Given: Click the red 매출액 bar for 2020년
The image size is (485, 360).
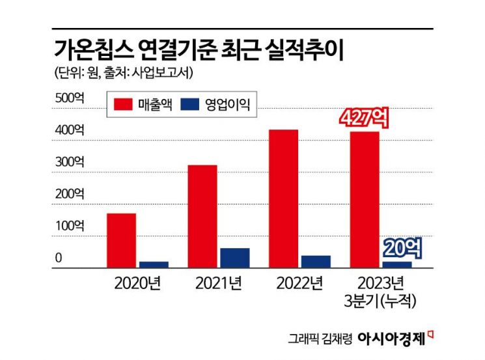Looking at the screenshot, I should pyautogui.click(x=121, y=240).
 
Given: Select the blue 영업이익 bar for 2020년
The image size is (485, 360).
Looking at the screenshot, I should pyautogui.click(x=154, y=264).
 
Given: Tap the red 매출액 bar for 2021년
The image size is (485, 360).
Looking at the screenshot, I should pyautogui.click(x=202, y=216).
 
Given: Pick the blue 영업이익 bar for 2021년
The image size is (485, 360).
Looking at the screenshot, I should pyautogui.click(x=234, y=258).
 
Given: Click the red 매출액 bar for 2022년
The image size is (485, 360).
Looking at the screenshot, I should pyautogui.click(x=283, y=199).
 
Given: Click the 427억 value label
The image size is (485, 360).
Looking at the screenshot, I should pyautogui.click(x=365, y=119).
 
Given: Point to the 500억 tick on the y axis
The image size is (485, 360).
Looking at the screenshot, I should pyautogui.click(x=70, y=98).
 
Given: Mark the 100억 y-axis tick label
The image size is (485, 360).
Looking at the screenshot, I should pyautogui.click(x=70, y=226).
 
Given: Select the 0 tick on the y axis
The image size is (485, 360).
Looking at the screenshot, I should pyautogui.click(x=58, y=258).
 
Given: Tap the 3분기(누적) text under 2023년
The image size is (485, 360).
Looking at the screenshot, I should pyautogui.click(x=381, y=301).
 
